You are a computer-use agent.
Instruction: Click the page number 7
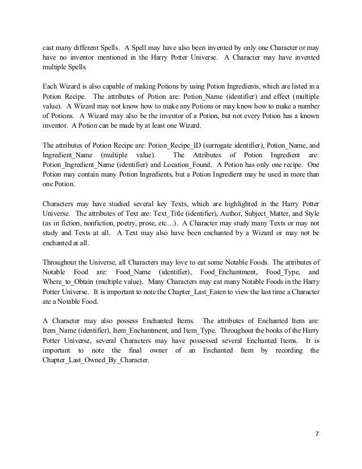316,434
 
